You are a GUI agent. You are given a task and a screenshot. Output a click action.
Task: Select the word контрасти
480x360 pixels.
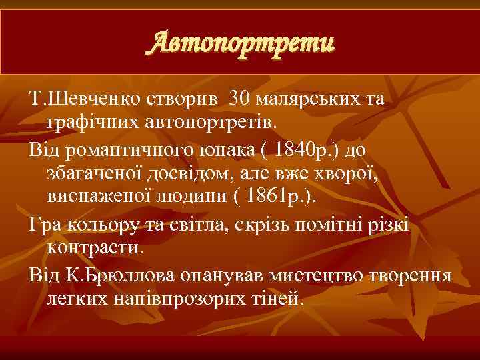pos(94,249)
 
